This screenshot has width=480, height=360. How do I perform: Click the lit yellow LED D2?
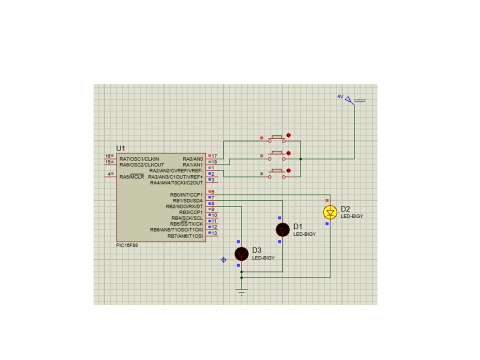click(330, 212)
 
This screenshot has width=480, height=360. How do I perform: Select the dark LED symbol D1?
click(282, 230)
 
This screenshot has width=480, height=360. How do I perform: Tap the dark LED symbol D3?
click(241, 254)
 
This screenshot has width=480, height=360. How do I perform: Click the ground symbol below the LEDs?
click(241, 292)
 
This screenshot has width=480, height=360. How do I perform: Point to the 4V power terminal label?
click(340, 96)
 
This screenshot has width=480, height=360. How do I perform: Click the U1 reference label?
click(120, 148)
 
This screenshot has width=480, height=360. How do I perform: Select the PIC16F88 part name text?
click(127, 245)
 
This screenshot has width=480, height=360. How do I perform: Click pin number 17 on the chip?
click(214, 156)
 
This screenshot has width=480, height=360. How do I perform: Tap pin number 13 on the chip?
click(214, 233)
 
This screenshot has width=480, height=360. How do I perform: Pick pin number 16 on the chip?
click(108, 156)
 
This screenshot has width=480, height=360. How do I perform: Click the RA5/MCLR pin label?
click(131, 177)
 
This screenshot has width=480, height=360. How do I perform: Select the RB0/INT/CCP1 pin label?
click(186, 194)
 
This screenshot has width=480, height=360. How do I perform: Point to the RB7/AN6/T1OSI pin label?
click(185, 236)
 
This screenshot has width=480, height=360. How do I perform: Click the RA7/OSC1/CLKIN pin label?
click(139, 159)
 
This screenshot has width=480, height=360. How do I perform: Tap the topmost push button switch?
click(276, 138)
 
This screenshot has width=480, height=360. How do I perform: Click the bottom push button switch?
click(276, 174)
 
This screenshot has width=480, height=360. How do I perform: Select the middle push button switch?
click(276, 156)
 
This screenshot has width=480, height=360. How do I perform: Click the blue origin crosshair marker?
click(224, 260)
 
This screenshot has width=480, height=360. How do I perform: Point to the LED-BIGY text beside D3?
click(263, 258)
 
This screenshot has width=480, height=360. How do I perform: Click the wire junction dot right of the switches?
click(300, 159)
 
